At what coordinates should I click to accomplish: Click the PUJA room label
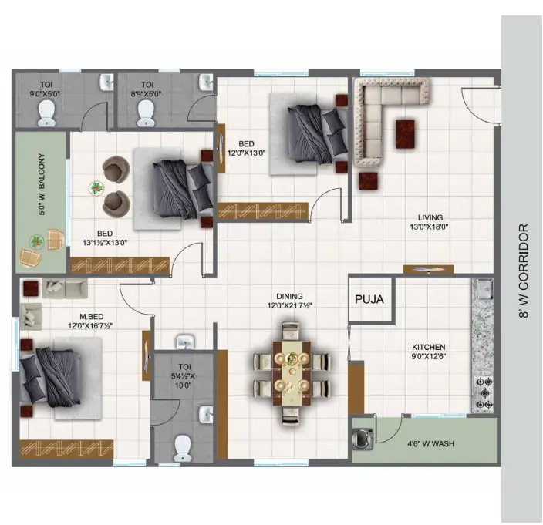pyautogui.click(x=369, y=299)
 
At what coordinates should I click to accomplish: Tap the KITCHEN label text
pyautogui.click(x=428, y=347)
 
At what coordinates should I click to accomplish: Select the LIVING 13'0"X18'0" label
pyautogui.click(x=430, y=222)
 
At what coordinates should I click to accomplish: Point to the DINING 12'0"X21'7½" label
pyautogui.click(x=289, y=301)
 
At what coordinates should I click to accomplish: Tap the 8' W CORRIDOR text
pyautogui.click(x=524, y=271)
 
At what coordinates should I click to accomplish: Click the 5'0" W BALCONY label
pyautogui.click(x=42, y=184)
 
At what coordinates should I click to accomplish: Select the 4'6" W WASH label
pyautogui.click(x=430, y=444)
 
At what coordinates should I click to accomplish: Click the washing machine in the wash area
pyautogui.click(x=363, y=439)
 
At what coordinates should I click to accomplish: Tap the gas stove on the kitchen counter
pyautogui.click(x=484, y=393)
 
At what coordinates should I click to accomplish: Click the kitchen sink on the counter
pyautogui.click(x=484, y=288)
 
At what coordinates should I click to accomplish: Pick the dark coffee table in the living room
pyautogui.click(x=405, y=134)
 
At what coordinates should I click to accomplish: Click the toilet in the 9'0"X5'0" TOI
pyautogui.click(x=46, y=113)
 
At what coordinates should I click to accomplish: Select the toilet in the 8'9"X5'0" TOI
pyautogui.click(x=146, y=113)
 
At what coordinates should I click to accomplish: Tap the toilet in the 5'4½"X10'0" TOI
pyautogui.click(x=183, y=448)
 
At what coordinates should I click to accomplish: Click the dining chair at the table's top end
pyautogui.click(x=290, y=331)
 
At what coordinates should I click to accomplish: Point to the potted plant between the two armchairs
pyautogui.click(x=96, y=189)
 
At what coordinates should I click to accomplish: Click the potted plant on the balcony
pyautogui.click(x=36, y=241)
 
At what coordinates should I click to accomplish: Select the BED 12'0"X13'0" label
pyautogui.click(x=246, y=148)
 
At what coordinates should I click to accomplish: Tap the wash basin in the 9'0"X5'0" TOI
pyautogui.click(x=106, y=82)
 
